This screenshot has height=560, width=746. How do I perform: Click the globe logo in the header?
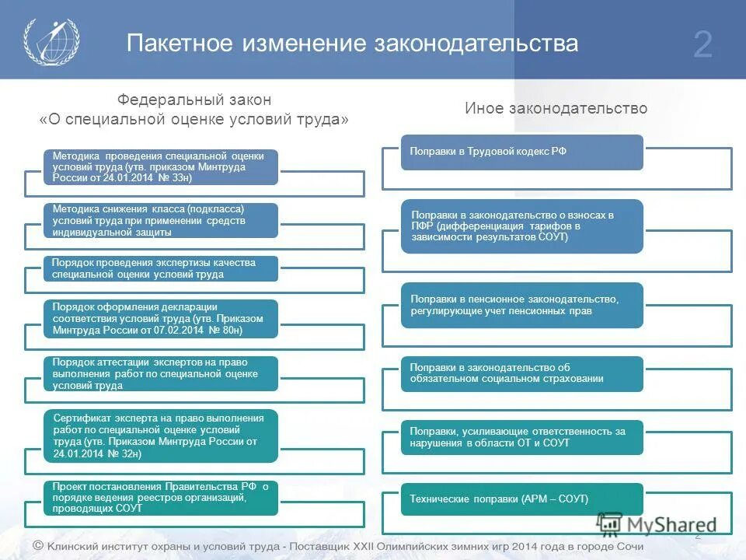point(51,41)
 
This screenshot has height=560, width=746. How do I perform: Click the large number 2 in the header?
point(702,45)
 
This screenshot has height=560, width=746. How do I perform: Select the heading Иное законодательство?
point(556,109)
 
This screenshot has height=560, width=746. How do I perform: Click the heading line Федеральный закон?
point(194,100)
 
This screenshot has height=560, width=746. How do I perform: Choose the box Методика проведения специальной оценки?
point(160,166)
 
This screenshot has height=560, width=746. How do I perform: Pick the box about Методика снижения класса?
point(160,220)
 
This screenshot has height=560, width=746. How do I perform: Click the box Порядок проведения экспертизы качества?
point(160,268)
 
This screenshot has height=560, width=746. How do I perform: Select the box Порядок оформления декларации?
point(160,318)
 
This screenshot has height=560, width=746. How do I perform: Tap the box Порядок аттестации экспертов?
point(160,373)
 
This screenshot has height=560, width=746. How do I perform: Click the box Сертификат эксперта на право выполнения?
point(160,435)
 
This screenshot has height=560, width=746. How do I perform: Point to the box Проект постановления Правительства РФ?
point(160,497)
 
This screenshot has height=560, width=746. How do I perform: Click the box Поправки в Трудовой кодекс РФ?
point(521,152)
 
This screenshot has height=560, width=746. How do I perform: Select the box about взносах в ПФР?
point(521,226)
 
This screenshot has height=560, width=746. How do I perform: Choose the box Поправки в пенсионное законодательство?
point(521,305)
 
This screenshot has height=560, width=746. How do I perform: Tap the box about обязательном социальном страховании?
point(521,373)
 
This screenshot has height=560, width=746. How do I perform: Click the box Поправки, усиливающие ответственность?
point(521,437)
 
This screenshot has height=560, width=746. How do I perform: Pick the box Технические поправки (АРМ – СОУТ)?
point(521,499)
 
